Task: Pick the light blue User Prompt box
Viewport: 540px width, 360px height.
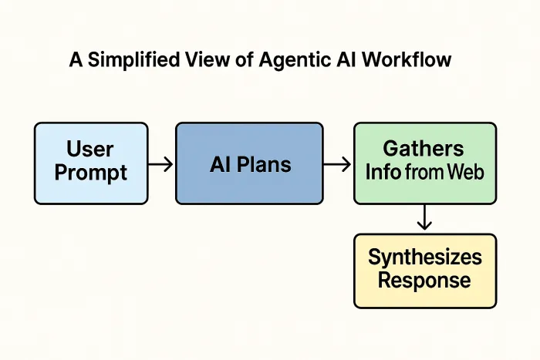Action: click(x=91, y=163)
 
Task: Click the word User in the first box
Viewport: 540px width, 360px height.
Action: click(x=90, y=149)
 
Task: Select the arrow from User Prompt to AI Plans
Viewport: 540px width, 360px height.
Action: click(x=160, y=163)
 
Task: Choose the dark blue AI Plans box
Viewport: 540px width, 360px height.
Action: click(x=249, y=163)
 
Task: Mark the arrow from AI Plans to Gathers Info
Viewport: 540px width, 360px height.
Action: click(x=338, y=163)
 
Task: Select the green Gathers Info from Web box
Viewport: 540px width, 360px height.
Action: click(x=424, y=163)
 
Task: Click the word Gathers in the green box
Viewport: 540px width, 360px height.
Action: click(x=424, y=149)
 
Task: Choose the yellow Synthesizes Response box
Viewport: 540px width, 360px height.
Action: click(x=424, y=271)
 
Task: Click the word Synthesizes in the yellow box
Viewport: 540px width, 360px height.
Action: click(x=424, y=257)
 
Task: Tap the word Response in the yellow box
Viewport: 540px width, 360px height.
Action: click(x=424, y=281)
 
